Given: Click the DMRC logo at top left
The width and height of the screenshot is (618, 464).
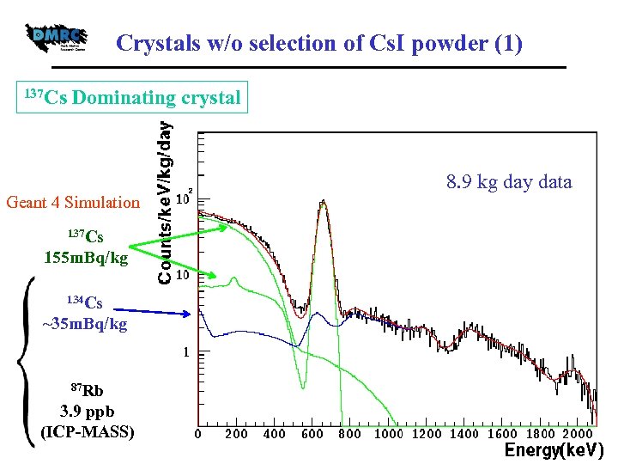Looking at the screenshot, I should point(57,36).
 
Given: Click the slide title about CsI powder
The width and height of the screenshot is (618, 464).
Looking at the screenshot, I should point(318,43).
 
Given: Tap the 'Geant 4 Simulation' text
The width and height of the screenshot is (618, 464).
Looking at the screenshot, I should point(72,203).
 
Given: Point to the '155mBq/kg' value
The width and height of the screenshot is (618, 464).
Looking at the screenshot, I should point(86,258).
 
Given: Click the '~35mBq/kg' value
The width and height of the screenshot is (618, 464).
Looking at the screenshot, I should point(85,324).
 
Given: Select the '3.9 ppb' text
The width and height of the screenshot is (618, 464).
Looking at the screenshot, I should point(87,411).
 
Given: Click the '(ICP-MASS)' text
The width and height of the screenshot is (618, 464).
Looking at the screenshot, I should point(87,431).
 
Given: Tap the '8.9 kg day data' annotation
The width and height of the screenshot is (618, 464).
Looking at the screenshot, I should point(508,182).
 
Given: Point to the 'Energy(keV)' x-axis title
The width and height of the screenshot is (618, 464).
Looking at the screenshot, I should point(554,450).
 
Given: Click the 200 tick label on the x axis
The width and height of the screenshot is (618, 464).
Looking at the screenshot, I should point(237,434).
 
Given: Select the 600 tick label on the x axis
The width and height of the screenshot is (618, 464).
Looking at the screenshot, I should point(312,434).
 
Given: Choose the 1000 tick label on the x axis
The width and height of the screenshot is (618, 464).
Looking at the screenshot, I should point(389,434).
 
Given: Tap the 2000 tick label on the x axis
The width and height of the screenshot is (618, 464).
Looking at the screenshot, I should point(577,434).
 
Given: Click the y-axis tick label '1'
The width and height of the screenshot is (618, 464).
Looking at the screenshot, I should point(184,352).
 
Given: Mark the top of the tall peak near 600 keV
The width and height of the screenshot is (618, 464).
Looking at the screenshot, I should point(323,202).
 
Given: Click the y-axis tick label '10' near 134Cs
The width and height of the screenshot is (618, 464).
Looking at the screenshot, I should point(182,277).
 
